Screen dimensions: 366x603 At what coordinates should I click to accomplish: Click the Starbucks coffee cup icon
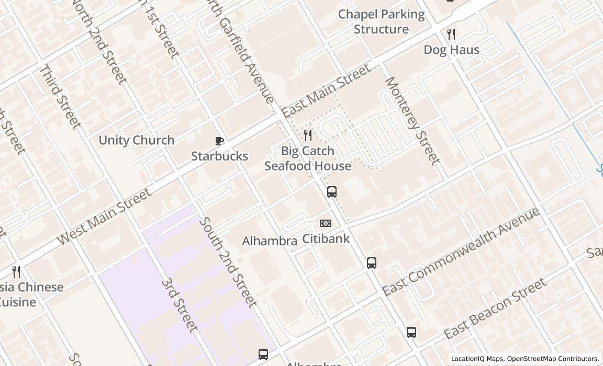click(219, 141)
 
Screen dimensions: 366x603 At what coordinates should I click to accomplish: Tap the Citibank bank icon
click(326, 223)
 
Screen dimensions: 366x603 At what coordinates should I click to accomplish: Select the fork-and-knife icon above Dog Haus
click(451, 35)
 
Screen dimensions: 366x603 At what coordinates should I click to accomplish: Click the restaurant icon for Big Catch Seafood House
click(308, 135)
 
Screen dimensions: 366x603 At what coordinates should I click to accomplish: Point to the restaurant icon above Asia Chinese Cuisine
click(16, 271)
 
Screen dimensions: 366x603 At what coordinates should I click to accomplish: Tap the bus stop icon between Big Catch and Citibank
click(332, 192)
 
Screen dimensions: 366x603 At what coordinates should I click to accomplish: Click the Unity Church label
click(137, 140)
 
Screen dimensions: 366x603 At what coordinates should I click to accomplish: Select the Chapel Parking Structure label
click(381, 21)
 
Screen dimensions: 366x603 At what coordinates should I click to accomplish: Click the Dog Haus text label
click(451, 50)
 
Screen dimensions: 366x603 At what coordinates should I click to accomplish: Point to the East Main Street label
click(327, 90)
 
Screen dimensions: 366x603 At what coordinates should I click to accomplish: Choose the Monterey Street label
click(412, 120)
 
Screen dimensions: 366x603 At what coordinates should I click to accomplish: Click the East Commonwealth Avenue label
click(461, 251)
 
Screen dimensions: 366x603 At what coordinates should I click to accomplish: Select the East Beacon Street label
click(495, 308)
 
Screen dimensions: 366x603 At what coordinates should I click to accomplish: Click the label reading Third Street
click(61, 97)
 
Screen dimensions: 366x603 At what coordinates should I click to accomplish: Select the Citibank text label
click(326, 239)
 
